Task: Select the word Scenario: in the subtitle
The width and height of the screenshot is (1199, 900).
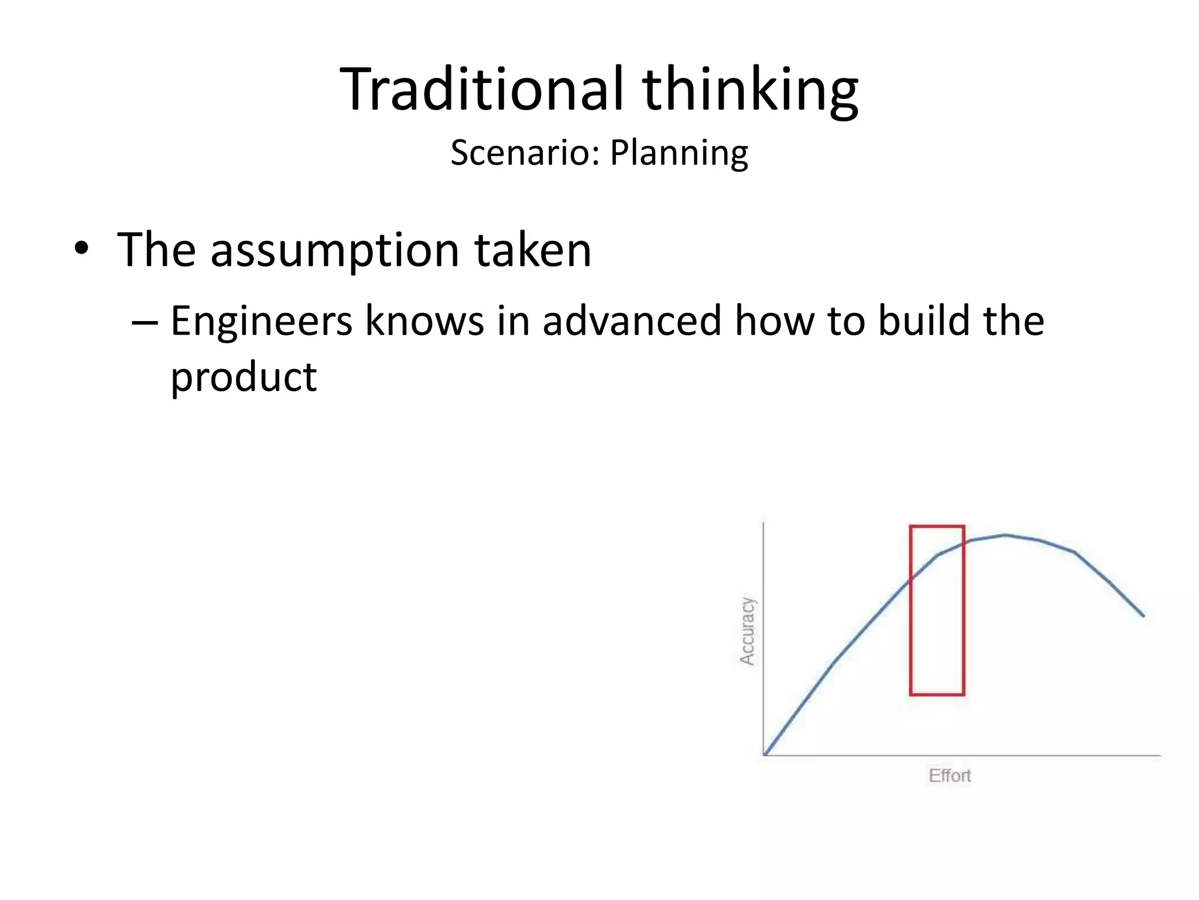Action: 525,152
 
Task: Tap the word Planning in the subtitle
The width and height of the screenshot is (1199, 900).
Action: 679,154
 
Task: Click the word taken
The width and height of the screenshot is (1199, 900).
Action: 533,250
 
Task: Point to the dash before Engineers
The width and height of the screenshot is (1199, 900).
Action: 145,322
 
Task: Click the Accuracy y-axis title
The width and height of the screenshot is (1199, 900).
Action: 747,631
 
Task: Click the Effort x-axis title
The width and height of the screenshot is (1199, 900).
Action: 950,776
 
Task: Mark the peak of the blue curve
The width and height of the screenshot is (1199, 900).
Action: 1005,535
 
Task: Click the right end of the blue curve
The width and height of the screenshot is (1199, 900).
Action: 1143,615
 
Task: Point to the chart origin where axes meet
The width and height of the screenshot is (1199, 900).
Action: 765,755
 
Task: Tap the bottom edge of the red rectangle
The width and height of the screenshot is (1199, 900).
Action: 937,695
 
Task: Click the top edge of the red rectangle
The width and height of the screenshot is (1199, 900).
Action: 937,526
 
